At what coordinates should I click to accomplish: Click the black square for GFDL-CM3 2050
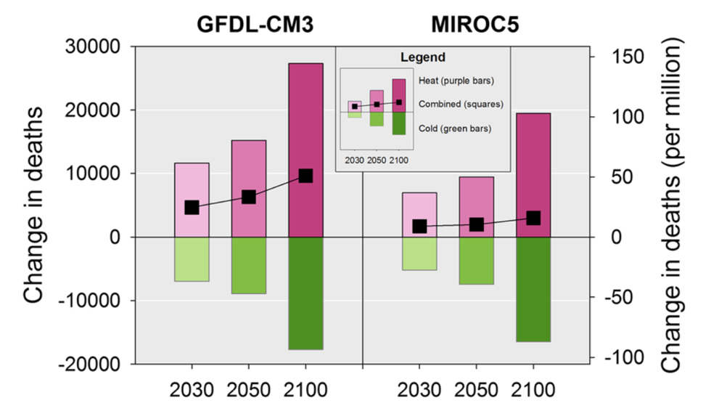249,197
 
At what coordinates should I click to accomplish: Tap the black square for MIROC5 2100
533,218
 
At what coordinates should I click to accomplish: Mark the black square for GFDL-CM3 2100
305,176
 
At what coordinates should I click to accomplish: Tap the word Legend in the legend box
423,57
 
